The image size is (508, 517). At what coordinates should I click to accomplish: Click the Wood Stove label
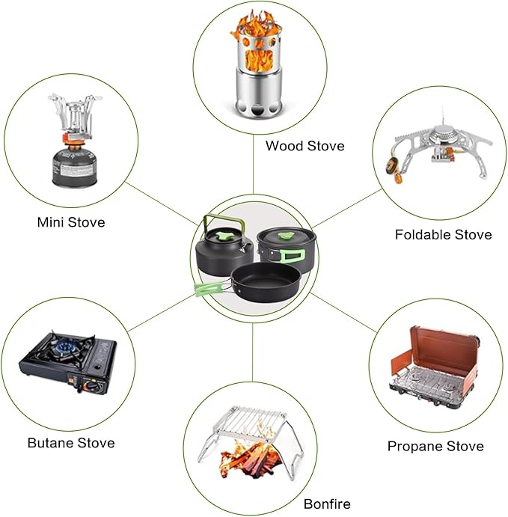305,146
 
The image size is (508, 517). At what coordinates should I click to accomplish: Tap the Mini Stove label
71,222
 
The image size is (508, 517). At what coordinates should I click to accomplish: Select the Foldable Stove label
444,235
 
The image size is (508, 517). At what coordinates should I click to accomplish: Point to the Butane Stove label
71,443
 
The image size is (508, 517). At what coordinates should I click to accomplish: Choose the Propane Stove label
435,446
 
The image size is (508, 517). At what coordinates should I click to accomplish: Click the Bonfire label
327,504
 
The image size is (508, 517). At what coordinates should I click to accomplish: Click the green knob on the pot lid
286,236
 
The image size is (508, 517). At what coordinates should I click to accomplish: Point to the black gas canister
74,167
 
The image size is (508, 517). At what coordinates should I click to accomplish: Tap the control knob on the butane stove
89,385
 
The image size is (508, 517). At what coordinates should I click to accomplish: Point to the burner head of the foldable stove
444,135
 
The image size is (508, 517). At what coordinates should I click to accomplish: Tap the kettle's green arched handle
224,222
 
